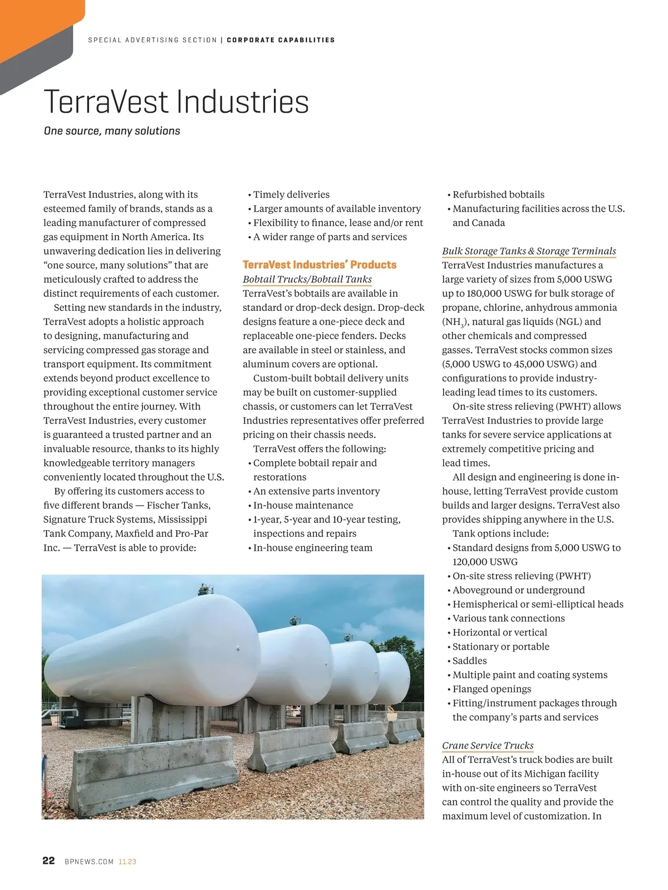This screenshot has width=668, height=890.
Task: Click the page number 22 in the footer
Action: pyautogui.click(x=48, y=860)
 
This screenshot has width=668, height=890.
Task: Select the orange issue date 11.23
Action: pyautogui.click(x=127, y=862)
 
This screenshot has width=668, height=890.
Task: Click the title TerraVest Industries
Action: pyautogui.click(x=176, y=102)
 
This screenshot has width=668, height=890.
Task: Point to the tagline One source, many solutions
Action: pyautogui.click(x=112, y=131)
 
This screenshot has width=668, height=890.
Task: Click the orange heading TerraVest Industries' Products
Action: pyautogui.click(x=320, y=265)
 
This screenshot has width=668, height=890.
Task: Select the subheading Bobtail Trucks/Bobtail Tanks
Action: pyautogui.click(x=307, y=279)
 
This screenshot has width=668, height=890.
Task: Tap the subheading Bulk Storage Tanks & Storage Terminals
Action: pyautogui.click(x=529, y=251)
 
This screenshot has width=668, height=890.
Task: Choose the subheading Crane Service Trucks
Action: pyautogui.click(x=488, y=745)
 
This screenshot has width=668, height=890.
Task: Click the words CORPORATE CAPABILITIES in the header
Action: pyautogui.click(x=281, y=40)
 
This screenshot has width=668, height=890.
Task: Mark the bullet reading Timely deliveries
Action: pyautogui.click(x=291, y=194)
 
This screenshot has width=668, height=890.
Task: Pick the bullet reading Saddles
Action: pyautogui.click(x=469, y=661)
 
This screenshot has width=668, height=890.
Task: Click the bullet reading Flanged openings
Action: pyautogui.click(x=492, y=689)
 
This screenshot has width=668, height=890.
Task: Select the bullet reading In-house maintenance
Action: pyautogui.click(x=303, y=505)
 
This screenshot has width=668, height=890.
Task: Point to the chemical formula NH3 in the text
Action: pyautogui.click(x=455, y=322)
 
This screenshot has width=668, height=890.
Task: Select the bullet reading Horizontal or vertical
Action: pyautogui.click(x=499, y=632)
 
